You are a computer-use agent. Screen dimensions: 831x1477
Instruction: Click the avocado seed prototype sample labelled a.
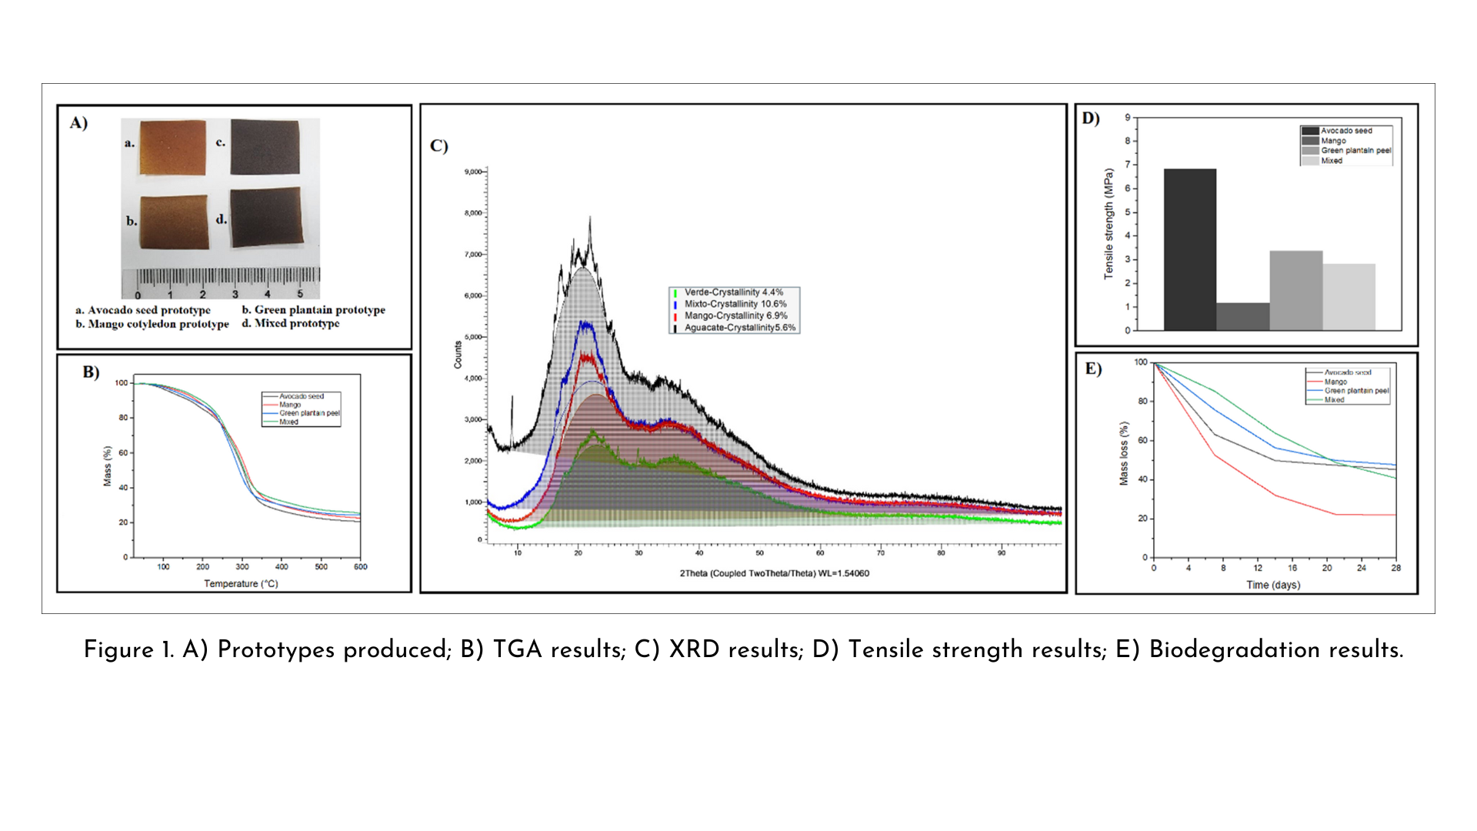pos(172,148)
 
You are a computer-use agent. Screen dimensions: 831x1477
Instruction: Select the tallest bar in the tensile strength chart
pos(1189,249)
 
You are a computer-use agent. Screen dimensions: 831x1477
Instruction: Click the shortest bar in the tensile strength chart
pos(1242,316)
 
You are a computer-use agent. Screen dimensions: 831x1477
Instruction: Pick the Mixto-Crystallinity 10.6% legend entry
pos(735,304)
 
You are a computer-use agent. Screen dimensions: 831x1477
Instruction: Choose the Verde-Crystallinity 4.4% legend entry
pos(733,292)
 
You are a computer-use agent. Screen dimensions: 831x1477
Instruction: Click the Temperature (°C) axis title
pos(241,584)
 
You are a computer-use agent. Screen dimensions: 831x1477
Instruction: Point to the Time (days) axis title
pos(1273,585)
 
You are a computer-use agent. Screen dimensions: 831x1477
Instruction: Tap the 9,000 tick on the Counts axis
pos(473,172)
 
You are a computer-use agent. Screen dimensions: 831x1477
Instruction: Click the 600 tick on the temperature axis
pos(360,567)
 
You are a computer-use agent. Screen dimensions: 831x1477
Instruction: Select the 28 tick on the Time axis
pos(1395,568)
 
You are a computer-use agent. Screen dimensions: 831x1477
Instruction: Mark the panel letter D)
pos(1091,118)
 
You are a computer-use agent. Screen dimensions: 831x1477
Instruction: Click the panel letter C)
pos(438,146)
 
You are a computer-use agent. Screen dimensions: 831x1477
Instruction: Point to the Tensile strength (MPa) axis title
pos(1109,223)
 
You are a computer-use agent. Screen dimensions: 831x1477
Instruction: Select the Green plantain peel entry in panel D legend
pos(1355,151)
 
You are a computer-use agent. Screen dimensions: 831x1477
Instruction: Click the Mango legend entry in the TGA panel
pos(290,405)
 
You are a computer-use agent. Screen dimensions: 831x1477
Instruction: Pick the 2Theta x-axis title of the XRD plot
pos(774,573)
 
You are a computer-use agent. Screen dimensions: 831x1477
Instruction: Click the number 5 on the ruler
pos(300,294)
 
